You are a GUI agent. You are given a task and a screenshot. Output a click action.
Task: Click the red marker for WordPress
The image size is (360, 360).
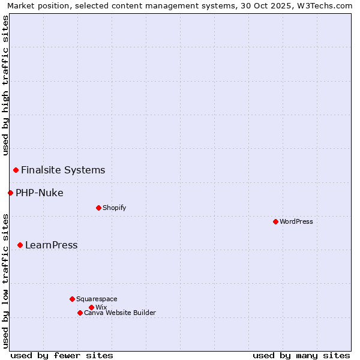tap(275, 221)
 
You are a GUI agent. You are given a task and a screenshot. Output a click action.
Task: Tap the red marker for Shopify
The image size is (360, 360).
tap(98, 208)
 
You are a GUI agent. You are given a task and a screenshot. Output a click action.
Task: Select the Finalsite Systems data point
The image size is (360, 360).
tap(16, 170)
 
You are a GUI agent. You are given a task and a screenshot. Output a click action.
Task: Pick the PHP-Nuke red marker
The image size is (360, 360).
tap(10, 193)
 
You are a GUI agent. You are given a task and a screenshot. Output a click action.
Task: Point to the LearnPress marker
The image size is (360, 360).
tap(20, 245)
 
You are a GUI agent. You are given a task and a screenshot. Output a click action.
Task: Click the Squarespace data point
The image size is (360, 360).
tap(72, 299)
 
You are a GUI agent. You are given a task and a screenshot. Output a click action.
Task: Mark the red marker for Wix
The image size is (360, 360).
tap(91, 307)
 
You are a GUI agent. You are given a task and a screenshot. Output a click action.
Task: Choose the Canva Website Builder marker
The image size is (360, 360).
tap(80, 313)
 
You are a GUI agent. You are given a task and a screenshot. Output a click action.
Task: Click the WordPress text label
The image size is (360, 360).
tap(296, 221)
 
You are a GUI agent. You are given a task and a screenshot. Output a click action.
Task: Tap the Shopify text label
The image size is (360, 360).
tap(114, 208)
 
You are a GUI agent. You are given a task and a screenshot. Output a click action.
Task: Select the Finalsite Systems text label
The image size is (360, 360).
tap(63, 170)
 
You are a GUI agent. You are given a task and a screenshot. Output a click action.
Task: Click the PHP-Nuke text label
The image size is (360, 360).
tap(40, 193)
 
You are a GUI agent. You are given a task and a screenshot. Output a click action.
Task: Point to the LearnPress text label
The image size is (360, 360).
tap(51, 245)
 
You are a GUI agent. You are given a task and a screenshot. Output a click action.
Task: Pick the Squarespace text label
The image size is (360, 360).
tap(97, 299)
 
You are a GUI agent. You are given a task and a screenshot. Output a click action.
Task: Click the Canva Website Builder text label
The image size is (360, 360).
tap(120, 313)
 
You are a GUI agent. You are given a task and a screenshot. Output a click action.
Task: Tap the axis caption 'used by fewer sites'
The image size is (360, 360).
tap(62, 355)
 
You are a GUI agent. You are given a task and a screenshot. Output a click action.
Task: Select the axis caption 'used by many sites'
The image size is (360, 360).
tap(301, 355)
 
